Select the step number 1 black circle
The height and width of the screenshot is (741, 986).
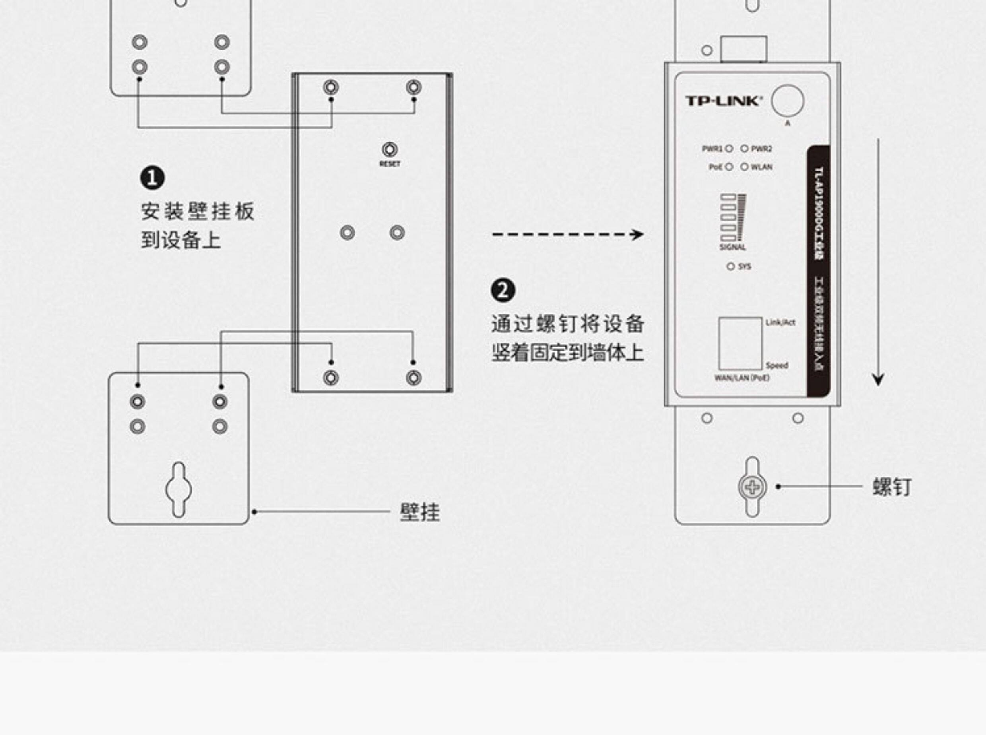point(152,178)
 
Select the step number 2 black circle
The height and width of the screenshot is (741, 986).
point(503,291)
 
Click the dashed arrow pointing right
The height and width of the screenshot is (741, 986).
point(567,235)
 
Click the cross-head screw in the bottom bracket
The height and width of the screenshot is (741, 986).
point(753,487)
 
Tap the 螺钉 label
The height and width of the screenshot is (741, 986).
point(892,487)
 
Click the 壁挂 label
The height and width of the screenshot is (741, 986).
point(419,512)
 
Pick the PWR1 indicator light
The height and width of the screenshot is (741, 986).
point(729,149)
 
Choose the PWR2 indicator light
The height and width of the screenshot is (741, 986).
point(744,149)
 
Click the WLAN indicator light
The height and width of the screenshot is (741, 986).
point(744,167)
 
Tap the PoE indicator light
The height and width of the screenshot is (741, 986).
point(729,167)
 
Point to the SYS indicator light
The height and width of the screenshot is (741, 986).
point(730,266)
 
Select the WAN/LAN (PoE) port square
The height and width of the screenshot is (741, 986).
point(739,343)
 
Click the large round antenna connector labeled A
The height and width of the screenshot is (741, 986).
point(788,101)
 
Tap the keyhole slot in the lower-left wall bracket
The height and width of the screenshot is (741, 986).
point(179,489)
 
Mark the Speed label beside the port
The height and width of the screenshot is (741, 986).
point(776,366)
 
